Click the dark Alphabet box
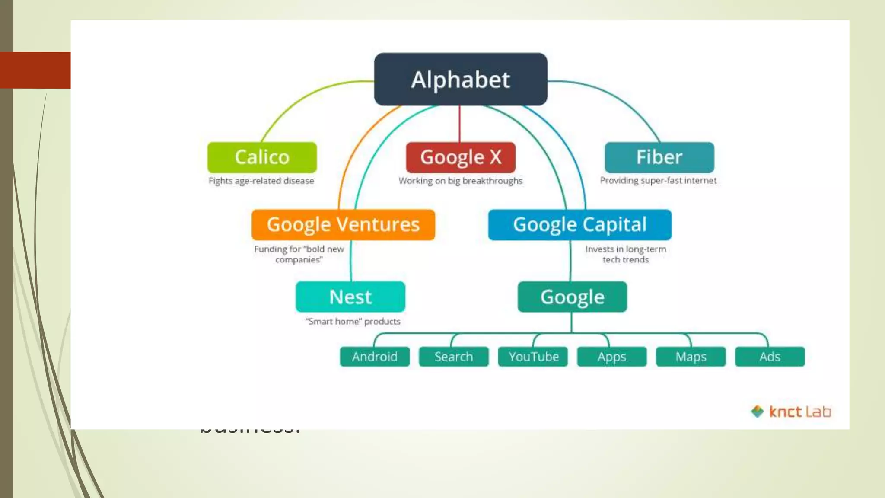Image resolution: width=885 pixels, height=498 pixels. pos(461,80)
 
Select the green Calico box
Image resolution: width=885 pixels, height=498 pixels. pos(262,157)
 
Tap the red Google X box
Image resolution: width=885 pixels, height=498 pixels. pos(461,157)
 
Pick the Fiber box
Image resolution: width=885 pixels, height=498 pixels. pos(659,157)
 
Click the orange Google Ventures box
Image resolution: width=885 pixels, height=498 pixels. pos(343,225)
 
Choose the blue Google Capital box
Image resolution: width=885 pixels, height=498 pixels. pos(580,225)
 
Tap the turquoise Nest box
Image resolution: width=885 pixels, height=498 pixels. pos(350,297)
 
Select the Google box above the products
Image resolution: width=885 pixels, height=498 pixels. pos(572,297)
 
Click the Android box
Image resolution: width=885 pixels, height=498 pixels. pos(375,357)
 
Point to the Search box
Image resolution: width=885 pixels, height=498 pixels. pos(454,357)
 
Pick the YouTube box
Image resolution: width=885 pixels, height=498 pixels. pos(533,357)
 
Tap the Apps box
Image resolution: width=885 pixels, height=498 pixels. pos(612,357)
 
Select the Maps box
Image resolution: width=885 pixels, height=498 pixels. pos(691,357)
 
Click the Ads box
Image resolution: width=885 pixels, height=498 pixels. pos(770,357)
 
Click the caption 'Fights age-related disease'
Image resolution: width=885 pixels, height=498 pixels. pos(261,181)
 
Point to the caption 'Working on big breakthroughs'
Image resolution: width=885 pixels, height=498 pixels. pos(461,181)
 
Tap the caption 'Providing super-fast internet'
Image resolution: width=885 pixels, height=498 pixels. pos(658,181)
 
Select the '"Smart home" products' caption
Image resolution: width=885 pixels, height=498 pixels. pos(353,322)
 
